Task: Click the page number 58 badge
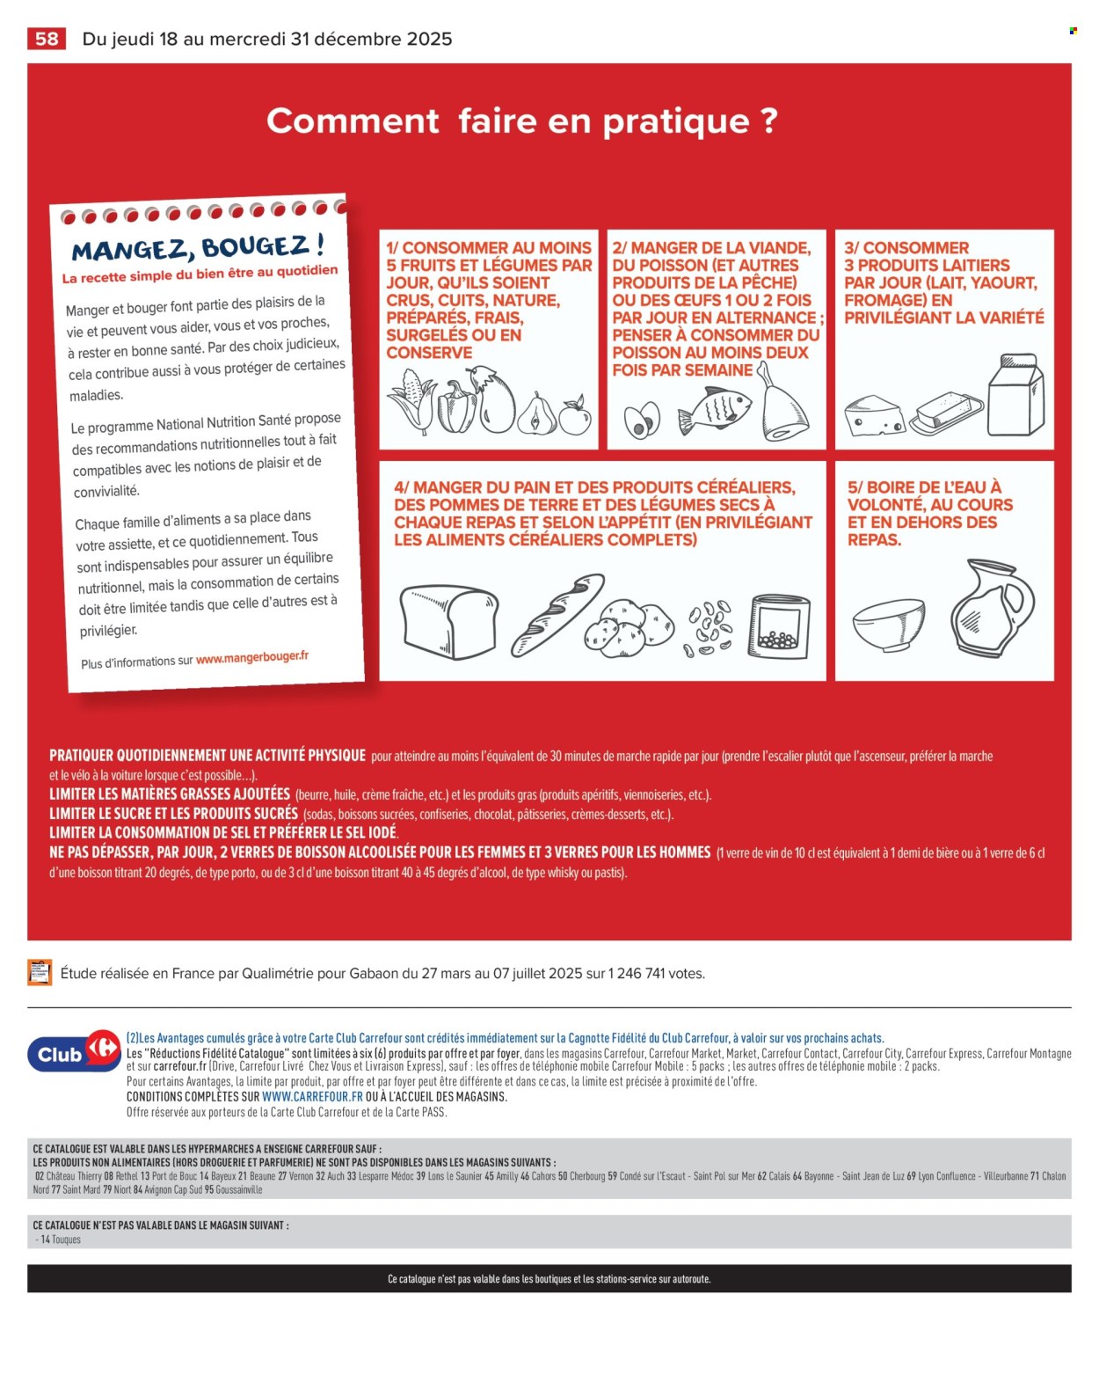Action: pyautogui.click(x=47, y=39)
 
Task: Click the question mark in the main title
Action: pyautogui.click(x=768, y=121)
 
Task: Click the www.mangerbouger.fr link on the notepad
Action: pyautogui.click(x=251, y=657)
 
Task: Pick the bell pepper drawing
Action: pyautogui.click(x=456, y=406)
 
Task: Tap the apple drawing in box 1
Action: pyautogui.click(x=575, y=416)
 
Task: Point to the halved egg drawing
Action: pyautogui.click(x=641, y=420)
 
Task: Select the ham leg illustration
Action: pyautogui.click(x=782, y=406)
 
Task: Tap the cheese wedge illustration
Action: pyautogui.click(x=874, y=415)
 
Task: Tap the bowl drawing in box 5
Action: pyautogui.click(x=889, y=623)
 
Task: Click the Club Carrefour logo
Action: pyautogui.click(x=75, y=1052)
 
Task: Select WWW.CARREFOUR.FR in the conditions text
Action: pyautogui.click(x=312, y=1097)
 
